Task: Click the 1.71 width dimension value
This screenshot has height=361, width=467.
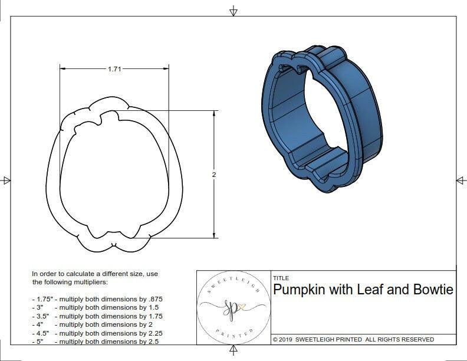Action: tap(114, 69)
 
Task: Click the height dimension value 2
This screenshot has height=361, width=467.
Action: tap(214, 175)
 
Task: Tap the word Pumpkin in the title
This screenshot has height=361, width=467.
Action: tap(298, 290)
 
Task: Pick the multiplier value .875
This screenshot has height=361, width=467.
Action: tap(154, 299)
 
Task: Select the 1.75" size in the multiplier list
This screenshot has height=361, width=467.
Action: tap(41, 299)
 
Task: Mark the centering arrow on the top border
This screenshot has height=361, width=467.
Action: tap(234, 11)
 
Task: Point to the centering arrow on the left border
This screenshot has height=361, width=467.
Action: tap(6, 180)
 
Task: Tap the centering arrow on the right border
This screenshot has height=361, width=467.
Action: tap(461, 180)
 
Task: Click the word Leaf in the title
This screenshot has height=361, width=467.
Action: tap(364, 290)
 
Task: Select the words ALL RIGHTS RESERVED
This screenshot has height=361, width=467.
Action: tap(399, 339)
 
